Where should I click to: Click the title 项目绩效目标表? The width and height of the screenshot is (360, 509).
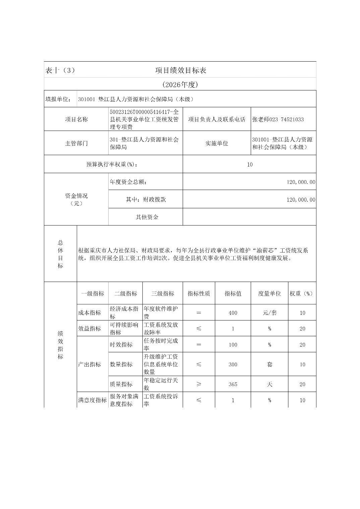[180, 70]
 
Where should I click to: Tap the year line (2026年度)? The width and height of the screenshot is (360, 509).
[180, 85]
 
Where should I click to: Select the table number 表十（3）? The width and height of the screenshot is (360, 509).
[60, 70]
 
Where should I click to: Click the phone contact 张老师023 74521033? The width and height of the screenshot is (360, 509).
[278, 120]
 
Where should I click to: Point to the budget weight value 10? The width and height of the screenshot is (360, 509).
[249, 164]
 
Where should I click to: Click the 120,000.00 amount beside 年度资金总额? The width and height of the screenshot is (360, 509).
[301, 182]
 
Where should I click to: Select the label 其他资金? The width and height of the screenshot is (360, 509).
[147, 217]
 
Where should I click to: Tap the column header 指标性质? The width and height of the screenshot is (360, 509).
[199, 293]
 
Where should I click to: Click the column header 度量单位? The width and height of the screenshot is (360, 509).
[269, 293]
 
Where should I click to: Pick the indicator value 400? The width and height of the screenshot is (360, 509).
[233, 313]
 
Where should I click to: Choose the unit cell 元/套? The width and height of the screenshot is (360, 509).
[269, 313]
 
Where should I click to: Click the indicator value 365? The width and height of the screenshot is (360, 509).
[233, 384]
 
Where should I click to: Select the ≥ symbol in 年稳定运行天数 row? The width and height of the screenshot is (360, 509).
[199, 384]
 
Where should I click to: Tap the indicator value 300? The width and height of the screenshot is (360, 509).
[233, 364]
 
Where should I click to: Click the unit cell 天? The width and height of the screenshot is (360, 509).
[269, 384]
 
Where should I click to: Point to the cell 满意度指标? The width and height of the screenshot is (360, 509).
[92, 400]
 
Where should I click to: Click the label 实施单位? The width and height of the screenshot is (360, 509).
[217, 143]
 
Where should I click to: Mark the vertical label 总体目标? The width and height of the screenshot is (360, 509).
[60, 254]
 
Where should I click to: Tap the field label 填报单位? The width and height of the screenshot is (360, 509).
[58, 99]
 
